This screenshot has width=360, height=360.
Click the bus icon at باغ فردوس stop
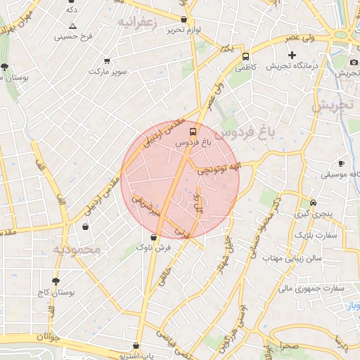pos(193,131)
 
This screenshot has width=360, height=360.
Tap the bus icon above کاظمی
pos(245,56)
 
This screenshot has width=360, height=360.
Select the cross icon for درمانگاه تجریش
pos(292,55)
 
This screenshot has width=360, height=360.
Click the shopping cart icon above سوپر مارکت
pos(107,60)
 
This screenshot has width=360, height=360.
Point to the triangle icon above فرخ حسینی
pos(72,26)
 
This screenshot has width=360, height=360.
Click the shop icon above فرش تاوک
pos(153,237)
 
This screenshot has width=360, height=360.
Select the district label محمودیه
pos(78,250)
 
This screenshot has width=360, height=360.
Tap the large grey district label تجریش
pos(330,105)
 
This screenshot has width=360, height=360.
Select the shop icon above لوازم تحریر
pos(184,20)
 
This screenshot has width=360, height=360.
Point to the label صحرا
pos(288,347)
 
